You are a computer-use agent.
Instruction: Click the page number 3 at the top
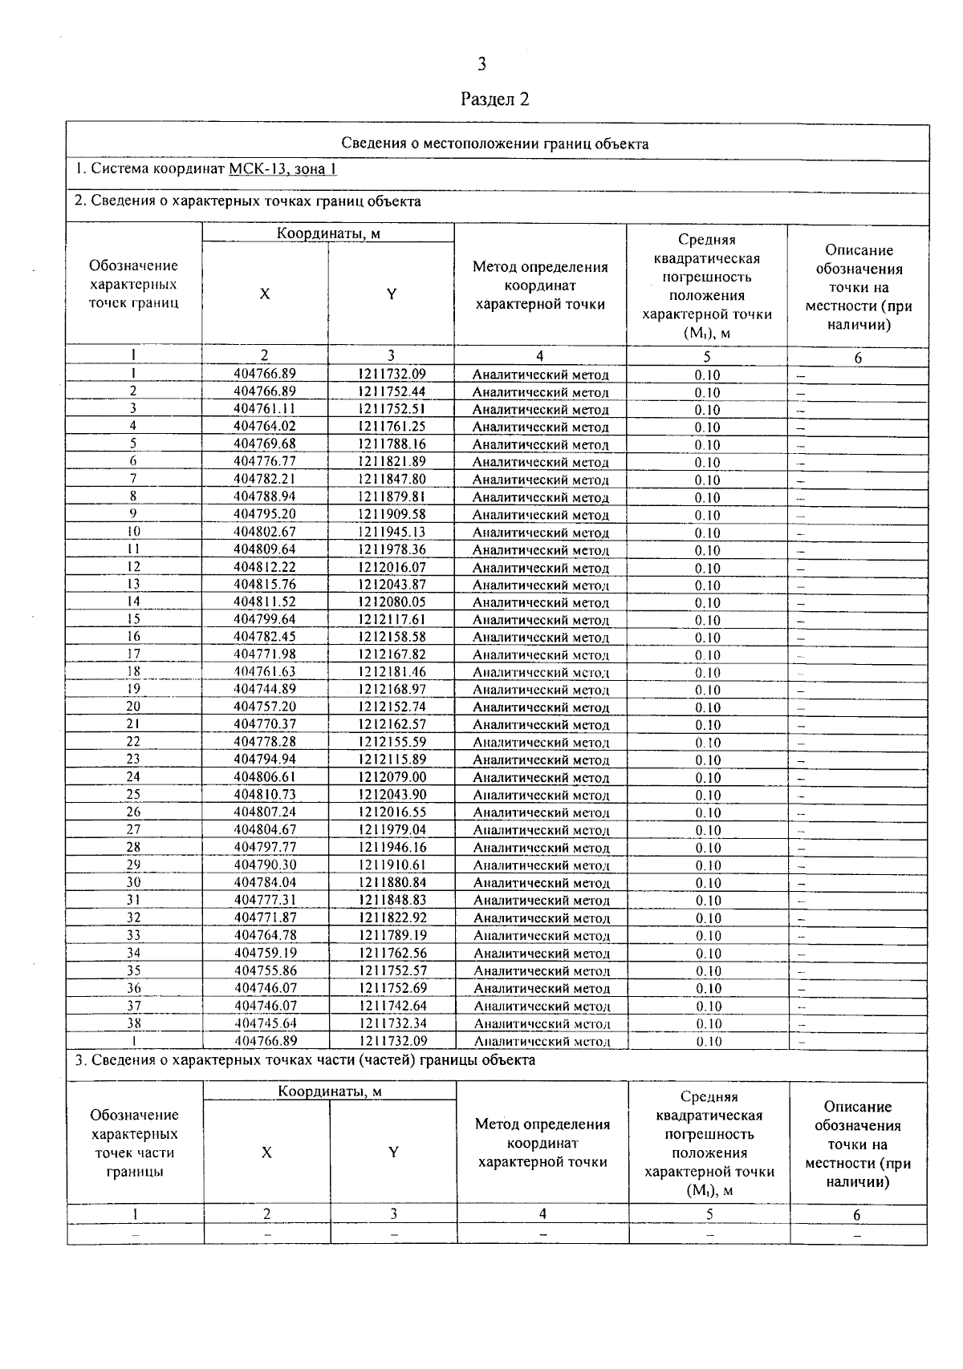point(481,64)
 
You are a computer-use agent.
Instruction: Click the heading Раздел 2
point(495,99)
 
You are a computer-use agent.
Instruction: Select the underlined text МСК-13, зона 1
point(282,169)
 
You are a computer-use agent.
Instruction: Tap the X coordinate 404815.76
point(265,585)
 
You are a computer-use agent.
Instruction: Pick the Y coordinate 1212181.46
point(392,672)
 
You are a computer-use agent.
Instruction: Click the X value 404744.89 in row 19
point(265,689)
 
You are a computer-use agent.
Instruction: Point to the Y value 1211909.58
point(392,514)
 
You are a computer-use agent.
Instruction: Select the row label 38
point(134,1023)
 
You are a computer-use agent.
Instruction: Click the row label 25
point(133,794)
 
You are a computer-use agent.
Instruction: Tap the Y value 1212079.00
point(392,776)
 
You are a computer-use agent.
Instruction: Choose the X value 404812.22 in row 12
point(265,567)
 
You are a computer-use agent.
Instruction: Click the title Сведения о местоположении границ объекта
point(495,144)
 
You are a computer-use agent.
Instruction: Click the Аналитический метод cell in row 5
point(540,444)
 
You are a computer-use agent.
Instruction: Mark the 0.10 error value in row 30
point(708,883)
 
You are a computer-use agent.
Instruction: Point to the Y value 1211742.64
point(392,1006)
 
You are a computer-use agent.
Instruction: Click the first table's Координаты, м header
point(328,233)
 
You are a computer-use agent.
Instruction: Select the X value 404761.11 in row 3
point(265,409)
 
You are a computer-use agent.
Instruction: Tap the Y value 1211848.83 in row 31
point(392,900)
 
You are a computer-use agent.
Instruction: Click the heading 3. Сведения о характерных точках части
point(305,1060)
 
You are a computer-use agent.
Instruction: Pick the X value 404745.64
point(266,1023)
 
